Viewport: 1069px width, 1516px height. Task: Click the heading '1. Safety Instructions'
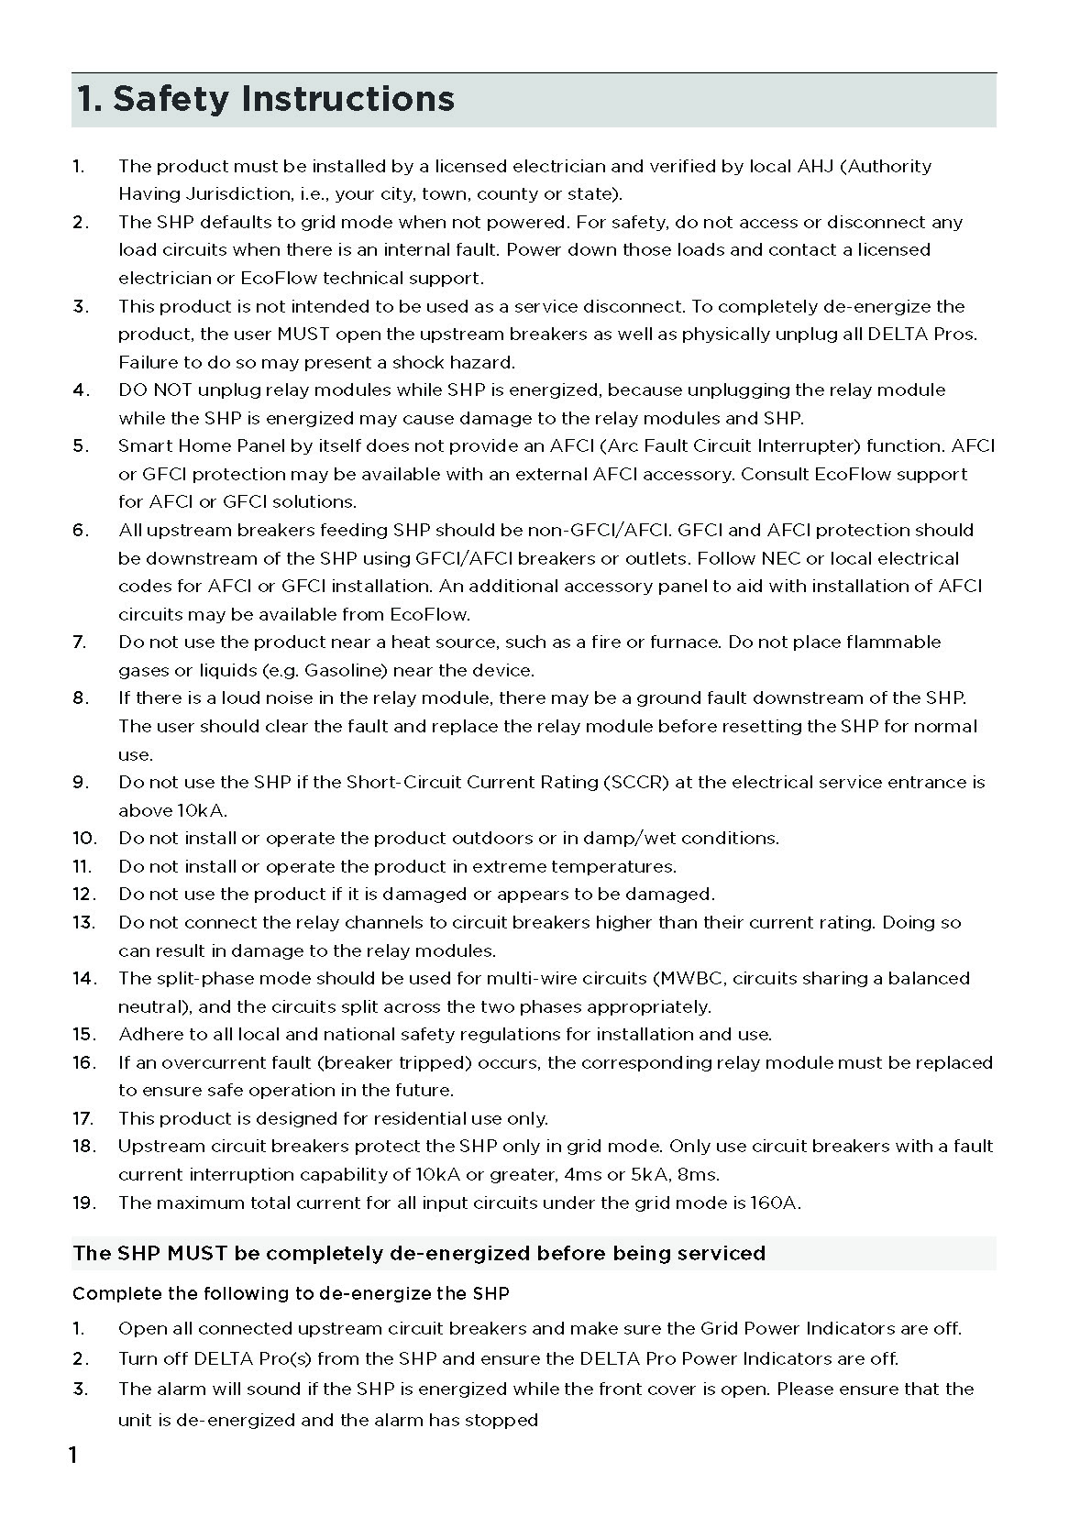(x=265, y=99)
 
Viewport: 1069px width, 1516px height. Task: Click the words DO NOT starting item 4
(x=155, y=390)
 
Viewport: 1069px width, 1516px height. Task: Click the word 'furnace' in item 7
(x=686, y=642)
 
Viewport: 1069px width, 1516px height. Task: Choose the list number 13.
(x=83, y=922)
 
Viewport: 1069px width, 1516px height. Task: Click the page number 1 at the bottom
(x=73, y=1456)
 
